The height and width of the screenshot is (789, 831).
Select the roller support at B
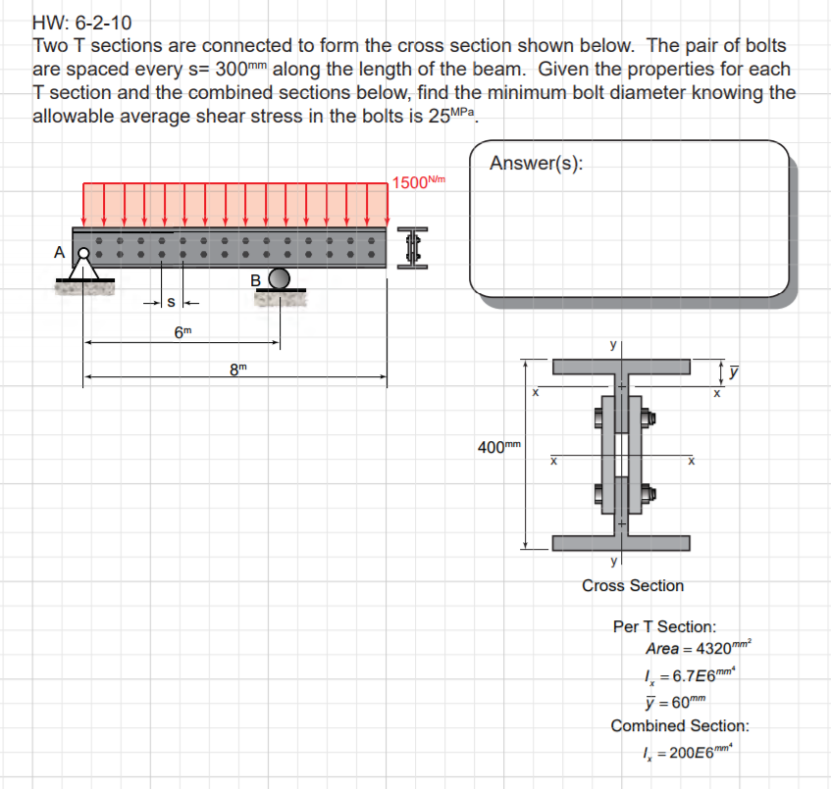click(x=281, y=278)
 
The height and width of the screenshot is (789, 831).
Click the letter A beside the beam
click(x=60, y=252)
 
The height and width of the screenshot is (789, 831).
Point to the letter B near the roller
click(x=257, y=280)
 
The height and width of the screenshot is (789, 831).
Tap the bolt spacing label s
click(x=171, y=301)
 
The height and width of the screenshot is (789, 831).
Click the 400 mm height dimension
click(x=497, y=447)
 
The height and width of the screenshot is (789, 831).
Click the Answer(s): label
click(x=536, y=164)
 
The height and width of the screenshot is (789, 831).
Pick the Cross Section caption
click(x=633, y=585)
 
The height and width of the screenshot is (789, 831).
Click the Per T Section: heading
click(x=664, y=626)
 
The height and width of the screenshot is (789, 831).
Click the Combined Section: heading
click(x=680, y=726)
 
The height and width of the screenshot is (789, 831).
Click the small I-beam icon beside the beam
click(x=414, y=248)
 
